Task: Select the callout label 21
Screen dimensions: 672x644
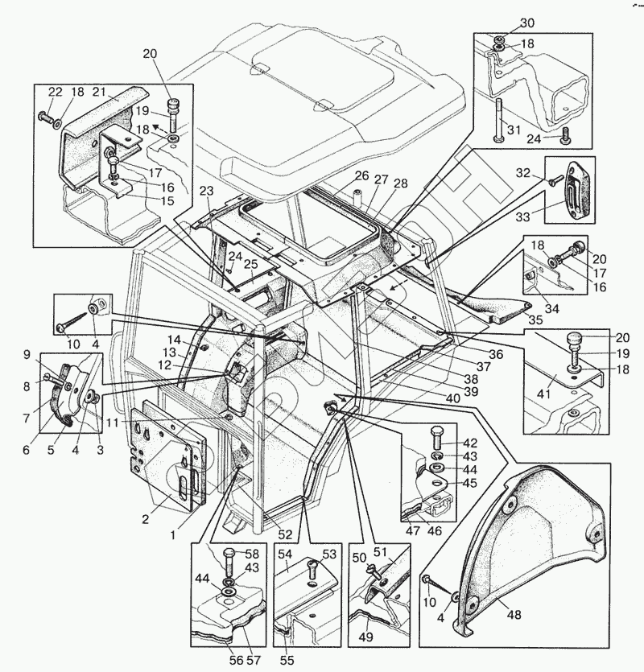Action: coord(98,91)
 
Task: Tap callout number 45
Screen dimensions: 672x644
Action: coord(469,483)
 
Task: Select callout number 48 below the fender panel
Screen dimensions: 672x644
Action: coord(514,615)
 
